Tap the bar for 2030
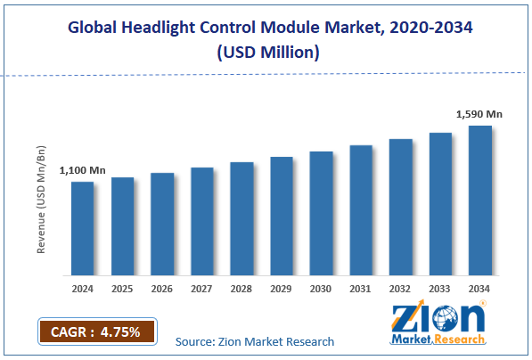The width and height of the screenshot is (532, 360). pyautogui.click(x=321, y=213)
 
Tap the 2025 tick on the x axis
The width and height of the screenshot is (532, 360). pyautogui.click(x=122, y=288)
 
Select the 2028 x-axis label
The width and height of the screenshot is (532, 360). pyautogui.click(x=241, y=288)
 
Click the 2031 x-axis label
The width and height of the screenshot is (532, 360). pyautogui.click(x=360, y=288)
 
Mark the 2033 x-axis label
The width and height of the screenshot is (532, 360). pyautogui.click(x=440, y=288)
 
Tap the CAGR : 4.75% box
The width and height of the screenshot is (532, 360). pyautogui.click(x=96, y=331)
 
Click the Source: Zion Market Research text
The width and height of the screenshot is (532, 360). pyautogui.click(x=255, y=341)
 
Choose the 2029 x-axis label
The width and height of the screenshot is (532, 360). pyautogui.click(x=281, y=288)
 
